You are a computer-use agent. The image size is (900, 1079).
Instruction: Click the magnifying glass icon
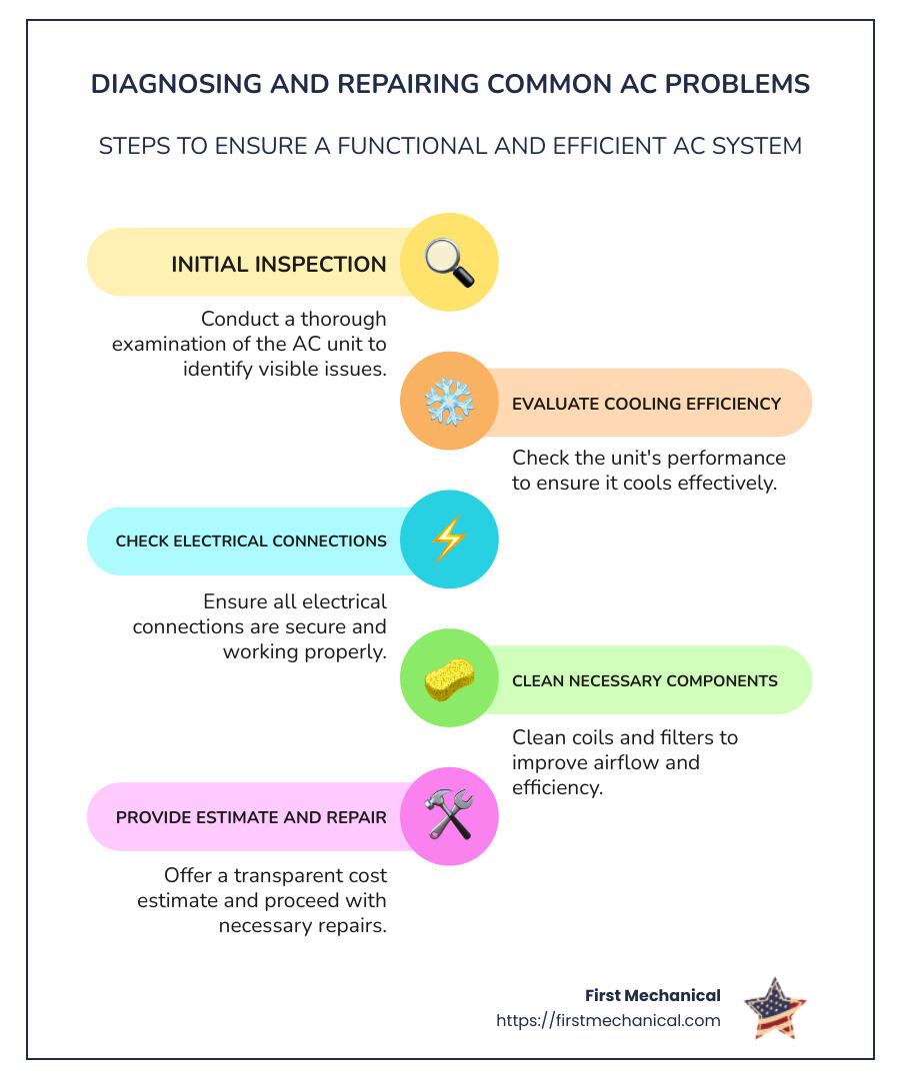(x=448, y=262)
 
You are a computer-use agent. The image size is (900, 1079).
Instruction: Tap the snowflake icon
(x=448, y=402)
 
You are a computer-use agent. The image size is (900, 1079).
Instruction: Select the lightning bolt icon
(x=448, y=539)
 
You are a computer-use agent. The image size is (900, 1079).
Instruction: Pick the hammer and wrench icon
(x=448, y=815)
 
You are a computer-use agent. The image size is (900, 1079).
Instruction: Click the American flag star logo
(x=775, y=1007)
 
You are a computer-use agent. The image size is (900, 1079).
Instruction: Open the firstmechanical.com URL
(x=608, y=1021)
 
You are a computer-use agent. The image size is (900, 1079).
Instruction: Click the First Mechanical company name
(x=652, y=995)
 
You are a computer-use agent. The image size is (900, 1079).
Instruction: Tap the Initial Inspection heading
(x=279, y=264)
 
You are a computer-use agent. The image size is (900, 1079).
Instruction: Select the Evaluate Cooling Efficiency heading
(x=646, y=404)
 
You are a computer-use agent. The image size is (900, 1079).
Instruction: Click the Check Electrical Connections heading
(x=251, y=541)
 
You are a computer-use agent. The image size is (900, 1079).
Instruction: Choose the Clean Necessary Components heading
(x=644, y=681)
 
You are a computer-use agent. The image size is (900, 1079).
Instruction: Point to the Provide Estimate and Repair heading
(x=251, y=817)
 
